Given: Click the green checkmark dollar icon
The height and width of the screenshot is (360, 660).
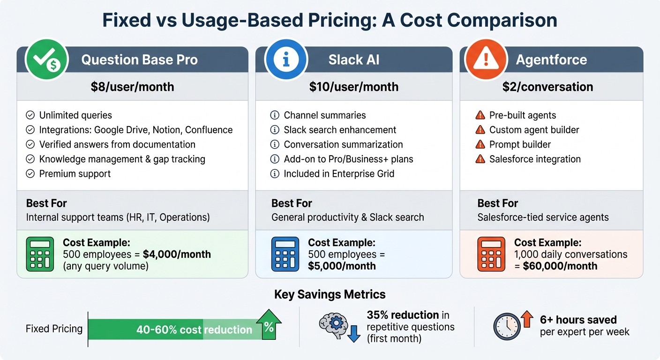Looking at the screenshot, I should pos(47,60).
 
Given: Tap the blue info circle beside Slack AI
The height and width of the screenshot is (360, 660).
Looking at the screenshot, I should pos(285,60).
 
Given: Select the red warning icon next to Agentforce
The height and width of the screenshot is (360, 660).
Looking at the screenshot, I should pos(485,60).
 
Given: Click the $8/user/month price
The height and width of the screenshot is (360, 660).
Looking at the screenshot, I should pos(133,87).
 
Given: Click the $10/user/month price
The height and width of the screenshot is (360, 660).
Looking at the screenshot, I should pos(354,87).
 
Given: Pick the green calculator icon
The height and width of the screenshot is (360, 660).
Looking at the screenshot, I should pos(40,254).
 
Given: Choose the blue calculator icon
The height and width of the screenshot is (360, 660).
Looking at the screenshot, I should pos(285,254).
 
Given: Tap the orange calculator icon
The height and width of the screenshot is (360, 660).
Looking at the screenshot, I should pos(491,254).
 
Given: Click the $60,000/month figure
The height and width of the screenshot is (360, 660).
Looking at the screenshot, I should pos(560,266).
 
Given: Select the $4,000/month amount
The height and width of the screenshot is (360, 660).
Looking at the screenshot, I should pos(177,255).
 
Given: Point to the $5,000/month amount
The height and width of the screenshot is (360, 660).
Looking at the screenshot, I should pos(342,266).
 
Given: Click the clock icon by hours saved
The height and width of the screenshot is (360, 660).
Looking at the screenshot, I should pos(507,327).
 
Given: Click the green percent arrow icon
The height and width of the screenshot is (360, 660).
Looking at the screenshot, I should pos(268,324).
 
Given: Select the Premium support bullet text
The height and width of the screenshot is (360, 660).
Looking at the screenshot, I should pos(75,173).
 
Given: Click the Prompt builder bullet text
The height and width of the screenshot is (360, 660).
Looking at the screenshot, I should pos(520,144).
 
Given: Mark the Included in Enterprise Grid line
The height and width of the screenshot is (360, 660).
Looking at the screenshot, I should pos(339,173).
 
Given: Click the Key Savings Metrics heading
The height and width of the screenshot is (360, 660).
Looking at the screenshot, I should pos(330,294).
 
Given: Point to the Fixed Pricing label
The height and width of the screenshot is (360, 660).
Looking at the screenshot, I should pos(54,329).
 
